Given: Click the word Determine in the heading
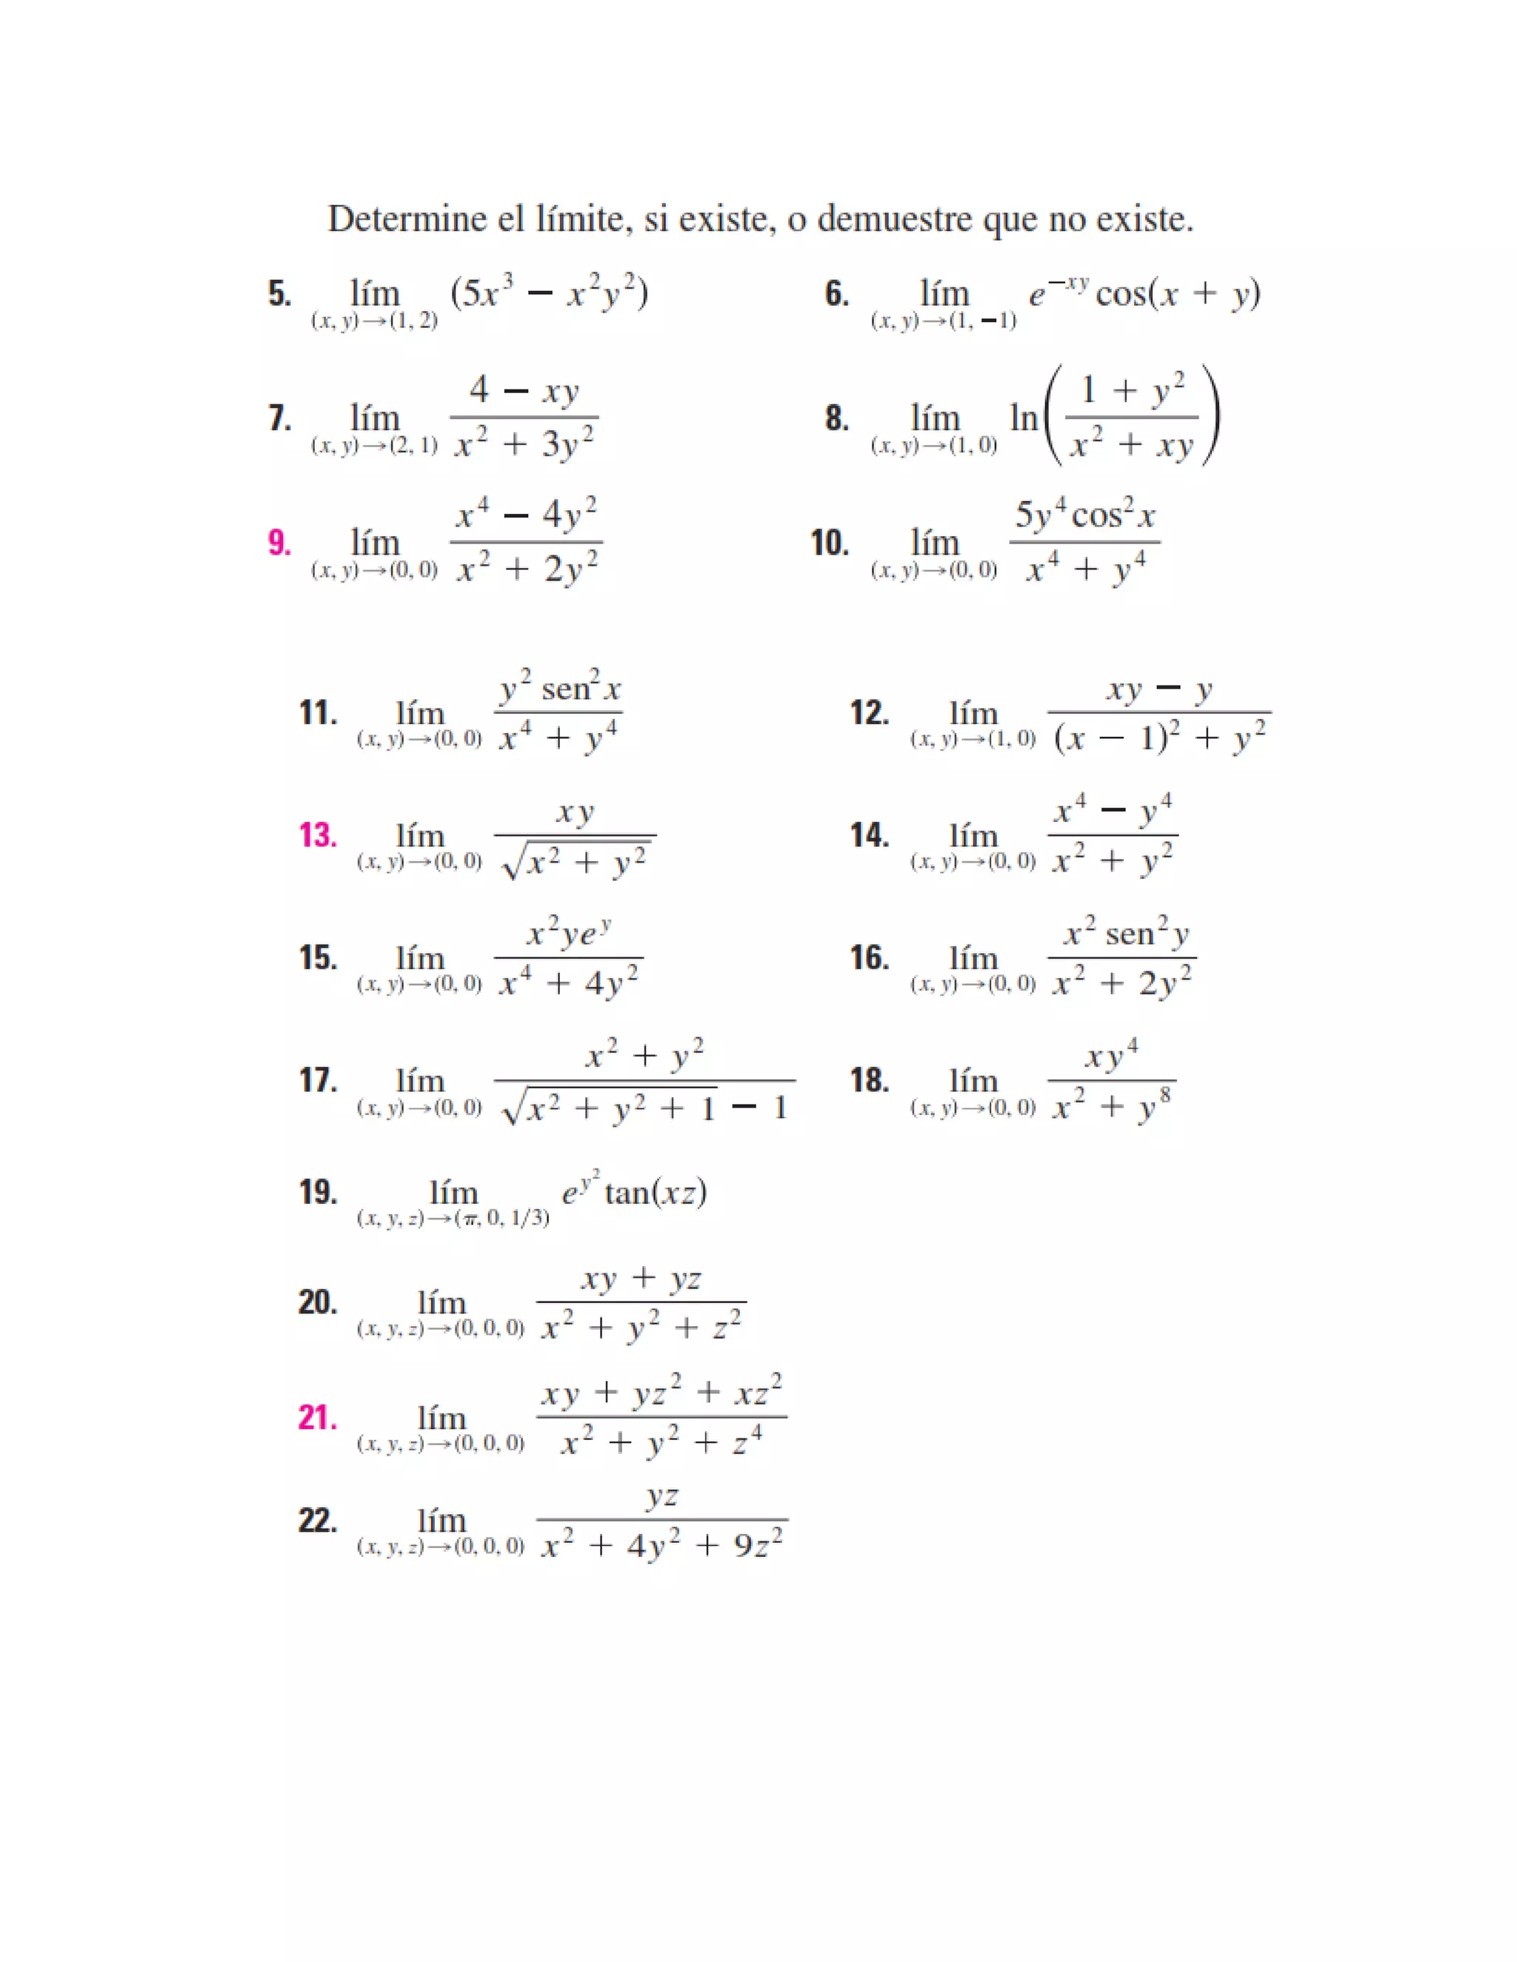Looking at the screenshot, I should coord(404,219).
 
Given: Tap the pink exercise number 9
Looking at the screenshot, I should coord(279,543).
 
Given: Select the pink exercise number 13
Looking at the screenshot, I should coord(317,835).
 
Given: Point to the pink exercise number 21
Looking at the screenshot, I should coord(317,1418).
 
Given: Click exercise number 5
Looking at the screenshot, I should coord(279,294).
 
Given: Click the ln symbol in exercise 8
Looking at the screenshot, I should coord(1023,418).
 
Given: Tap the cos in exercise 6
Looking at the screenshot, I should coord(1121,294).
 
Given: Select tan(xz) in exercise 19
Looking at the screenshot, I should coord(656,1193).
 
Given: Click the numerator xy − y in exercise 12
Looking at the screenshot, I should coord(1159,690).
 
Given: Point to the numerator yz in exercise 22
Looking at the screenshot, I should coord(662,1496).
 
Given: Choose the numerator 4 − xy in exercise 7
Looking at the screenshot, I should coord(524,391).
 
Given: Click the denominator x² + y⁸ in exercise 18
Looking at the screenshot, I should coord(1112,1106).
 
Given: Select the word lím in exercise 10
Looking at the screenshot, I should coord(935,543).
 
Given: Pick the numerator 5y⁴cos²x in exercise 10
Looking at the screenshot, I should coord(1084,515).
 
